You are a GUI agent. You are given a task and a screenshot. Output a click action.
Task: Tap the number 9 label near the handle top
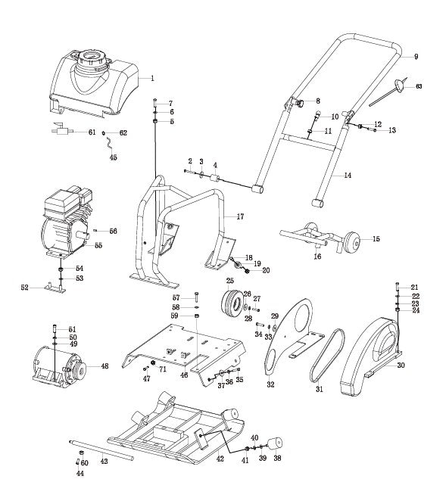click(x=415, y=57)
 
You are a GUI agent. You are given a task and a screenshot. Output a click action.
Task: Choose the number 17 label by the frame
click(x=240, y=217)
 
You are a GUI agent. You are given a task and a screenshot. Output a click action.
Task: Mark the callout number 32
click(x=270, y=384)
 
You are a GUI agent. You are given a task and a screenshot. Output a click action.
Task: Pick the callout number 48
click(x=104, y=366)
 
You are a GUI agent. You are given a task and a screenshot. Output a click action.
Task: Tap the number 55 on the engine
click(x=98, y=246)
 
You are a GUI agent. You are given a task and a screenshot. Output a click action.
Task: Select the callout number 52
click(x=24, y=288)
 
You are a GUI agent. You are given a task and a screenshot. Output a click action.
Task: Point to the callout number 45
click(x=114, y=157)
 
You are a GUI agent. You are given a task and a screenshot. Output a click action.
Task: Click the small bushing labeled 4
click(x=214, y=179)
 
